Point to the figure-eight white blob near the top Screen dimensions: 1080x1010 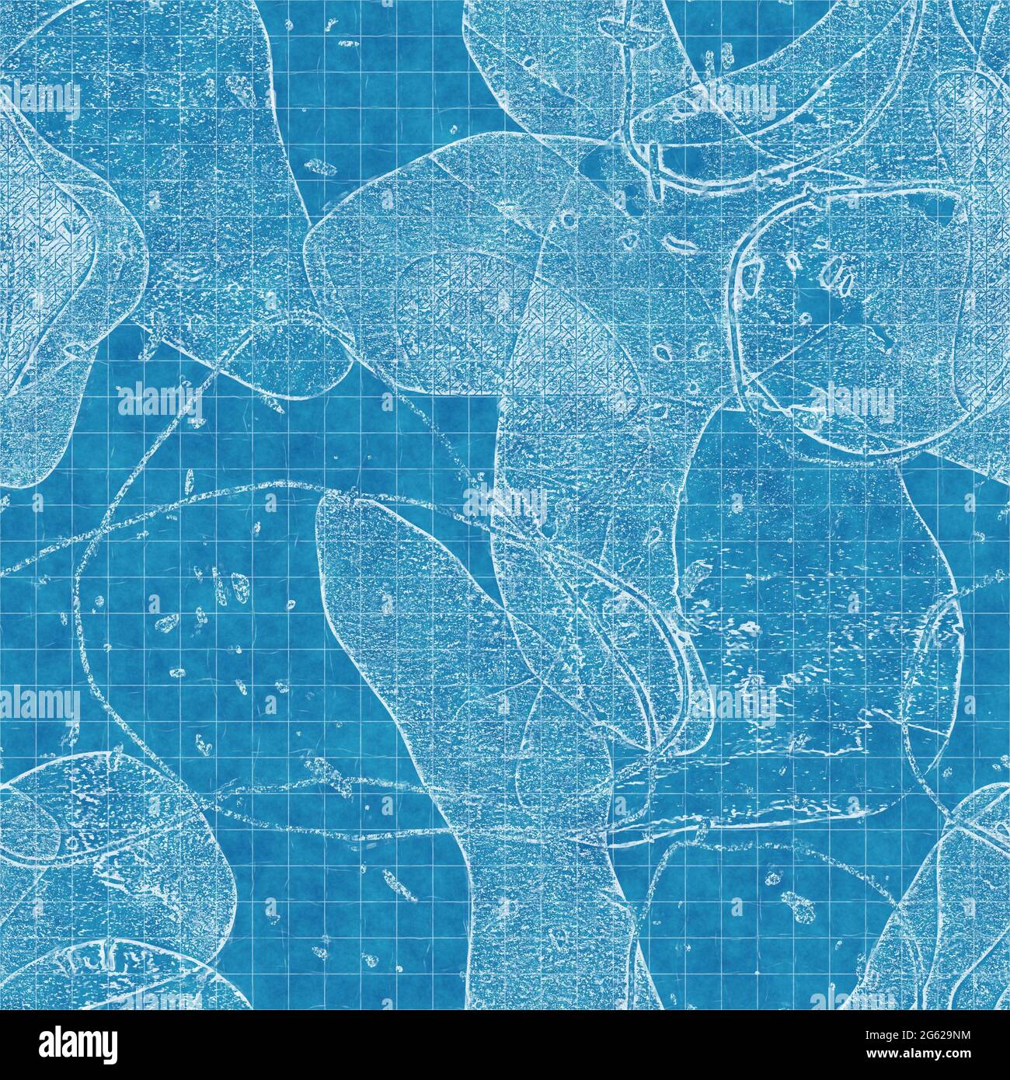[316, 166]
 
